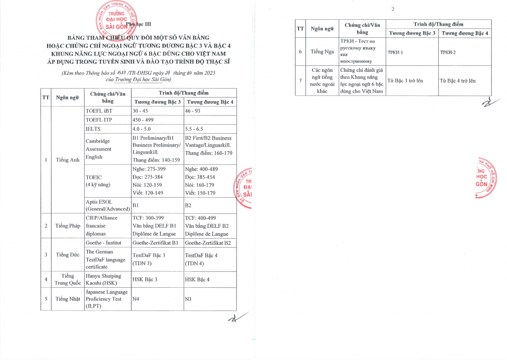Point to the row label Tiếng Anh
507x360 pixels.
(68, 160)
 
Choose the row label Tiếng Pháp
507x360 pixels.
(68, 226)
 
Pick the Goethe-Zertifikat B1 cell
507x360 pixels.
(155, 243)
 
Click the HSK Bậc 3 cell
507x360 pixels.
(145, 279)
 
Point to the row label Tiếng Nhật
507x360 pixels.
(68, 299)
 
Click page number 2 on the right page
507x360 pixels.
(393, 9)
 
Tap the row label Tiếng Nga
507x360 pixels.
(322, 51)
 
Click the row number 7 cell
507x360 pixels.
(300, 80)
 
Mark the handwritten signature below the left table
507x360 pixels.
(233, 320)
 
